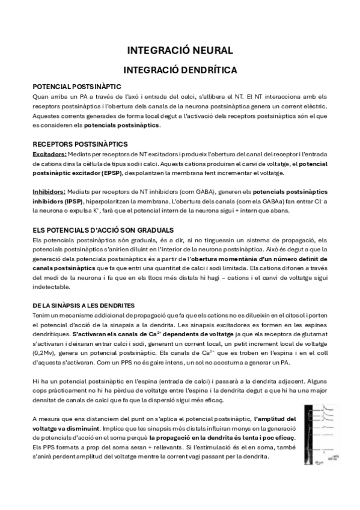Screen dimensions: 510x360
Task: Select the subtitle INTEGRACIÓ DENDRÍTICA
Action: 180,70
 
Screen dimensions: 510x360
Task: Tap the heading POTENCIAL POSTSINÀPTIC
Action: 77,87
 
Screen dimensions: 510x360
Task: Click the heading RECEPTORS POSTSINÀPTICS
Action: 80,144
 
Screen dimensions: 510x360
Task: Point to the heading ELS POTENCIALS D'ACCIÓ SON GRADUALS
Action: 103,230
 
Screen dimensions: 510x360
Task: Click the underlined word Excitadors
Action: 49,154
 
